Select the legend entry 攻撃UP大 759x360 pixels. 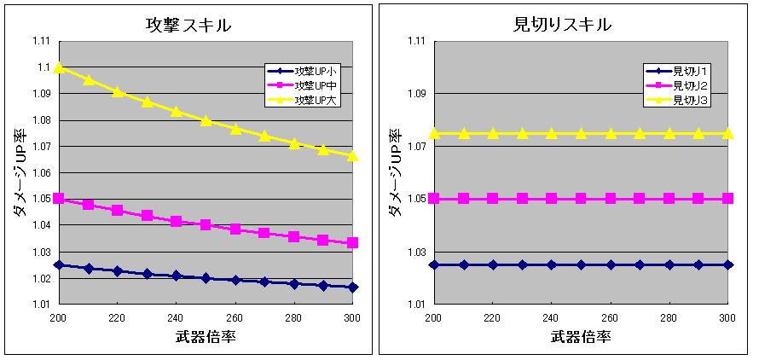(316, 100)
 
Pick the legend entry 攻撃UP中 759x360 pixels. (316, 85)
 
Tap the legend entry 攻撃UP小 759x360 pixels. (316, 72)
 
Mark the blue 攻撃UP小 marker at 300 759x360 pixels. (353, 287)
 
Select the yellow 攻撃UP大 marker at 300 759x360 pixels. (353, 155)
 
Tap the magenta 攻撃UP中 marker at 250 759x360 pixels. (206, 225)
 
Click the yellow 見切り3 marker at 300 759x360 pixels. (727, 133)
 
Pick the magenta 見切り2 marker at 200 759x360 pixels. (434, 199)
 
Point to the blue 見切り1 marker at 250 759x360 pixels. (581, 264)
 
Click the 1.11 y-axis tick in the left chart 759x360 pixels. (39, 41)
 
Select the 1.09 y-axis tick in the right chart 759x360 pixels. (415, 93)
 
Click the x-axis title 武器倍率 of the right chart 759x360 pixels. (580, 336)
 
